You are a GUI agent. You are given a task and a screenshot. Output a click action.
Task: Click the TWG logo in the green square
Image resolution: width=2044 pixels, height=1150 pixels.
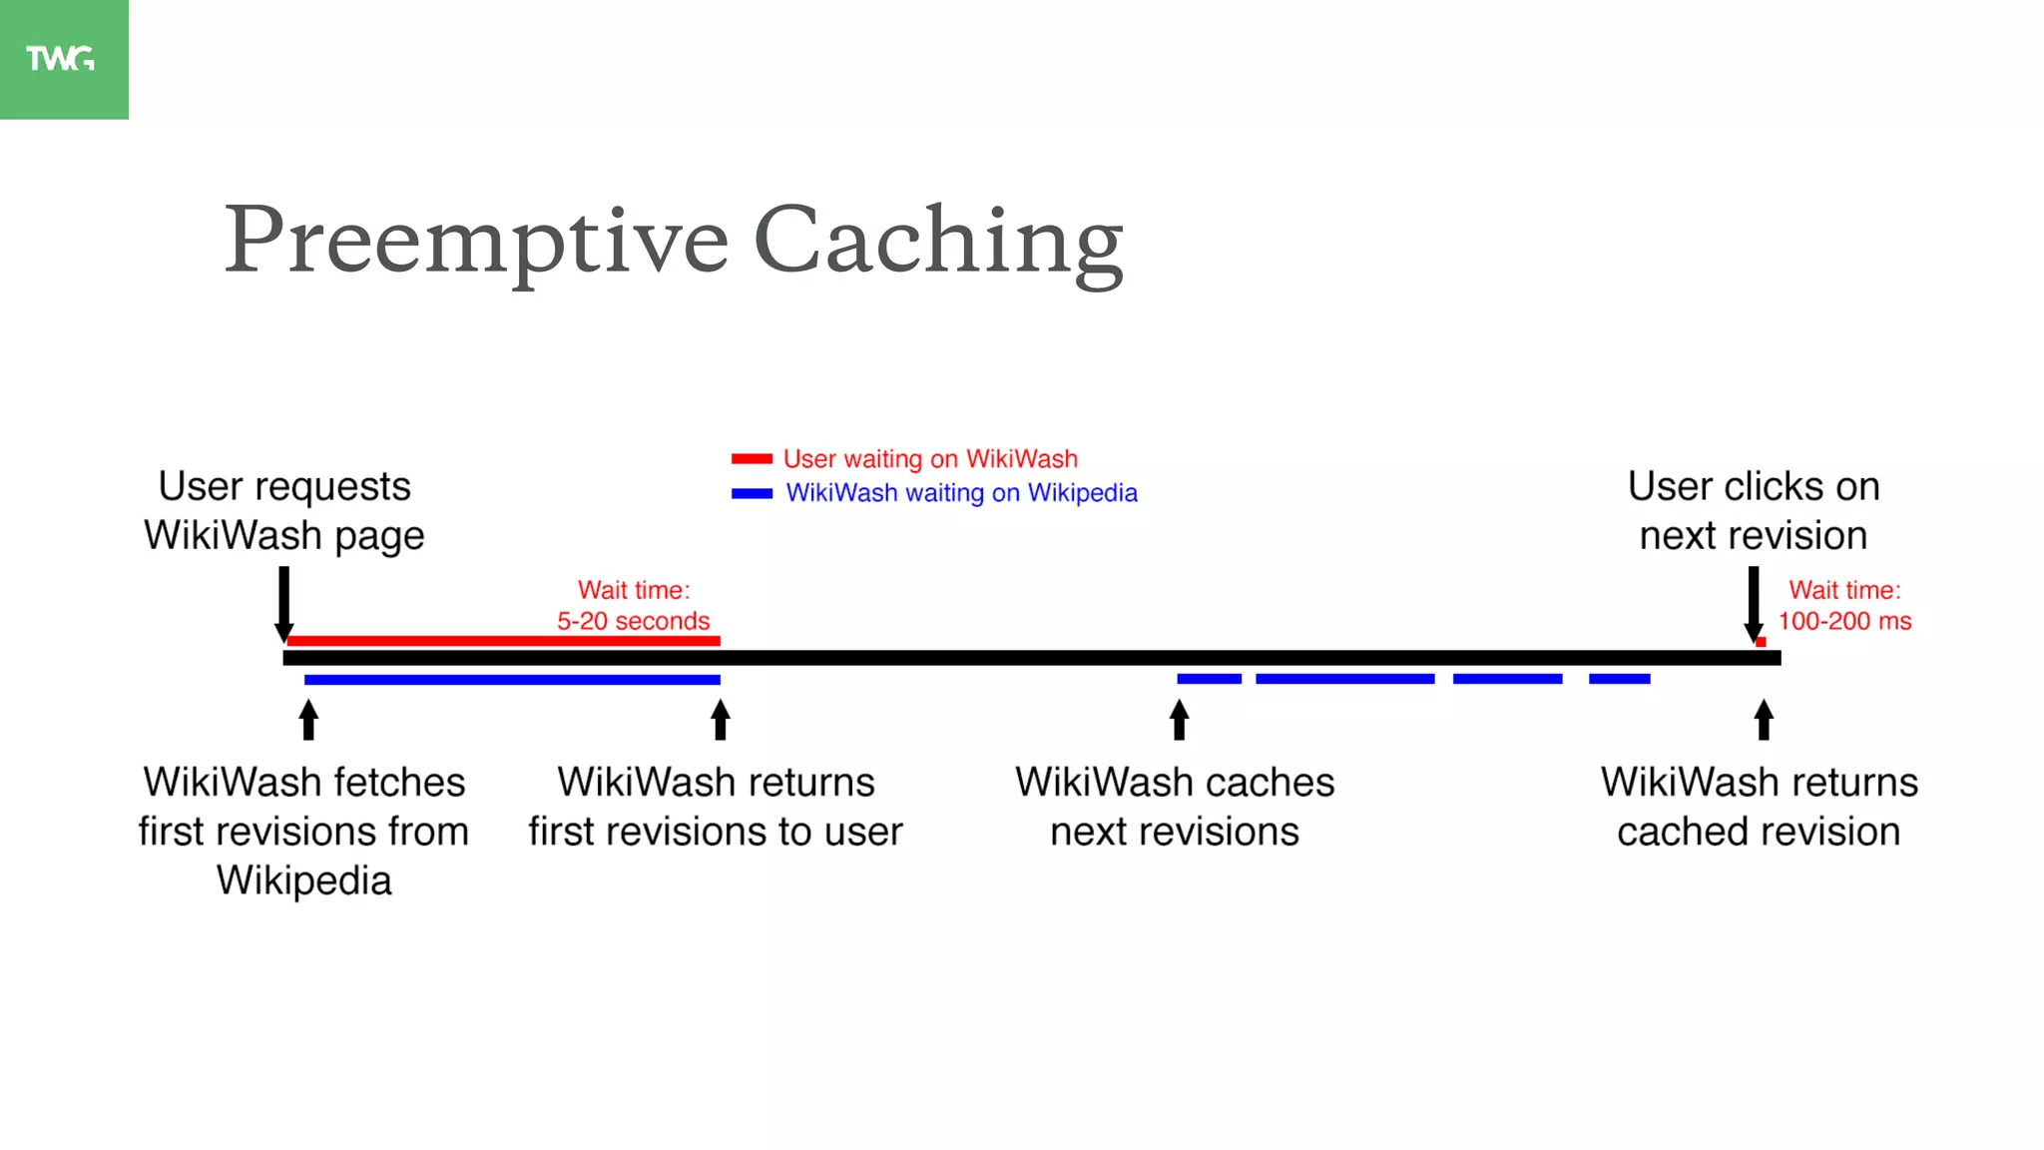(61, 59)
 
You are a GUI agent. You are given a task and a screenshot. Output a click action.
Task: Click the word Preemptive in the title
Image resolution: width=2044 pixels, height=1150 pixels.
(476, 242)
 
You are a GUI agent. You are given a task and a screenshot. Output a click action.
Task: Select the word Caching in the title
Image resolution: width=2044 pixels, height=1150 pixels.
(938, 242)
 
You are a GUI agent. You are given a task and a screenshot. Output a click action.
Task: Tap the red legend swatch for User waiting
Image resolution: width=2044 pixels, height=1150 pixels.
(752, 459)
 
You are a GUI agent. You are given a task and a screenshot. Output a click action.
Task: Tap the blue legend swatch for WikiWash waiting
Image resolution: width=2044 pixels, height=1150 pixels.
(752, 493)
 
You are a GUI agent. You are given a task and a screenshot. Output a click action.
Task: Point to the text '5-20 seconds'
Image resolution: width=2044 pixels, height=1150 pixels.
(633, 621)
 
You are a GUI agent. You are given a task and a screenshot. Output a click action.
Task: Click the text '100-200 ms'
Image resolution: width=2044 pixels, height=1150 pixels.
(1844, 621)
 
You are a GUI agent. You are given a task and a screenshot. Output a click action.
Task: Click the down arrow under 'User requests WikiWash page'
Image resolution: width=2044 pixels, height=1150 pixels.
(284, 605)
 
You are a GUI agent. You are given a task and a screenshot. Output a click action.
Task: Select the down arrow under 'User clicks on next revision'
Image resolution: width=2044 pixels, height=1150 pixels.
(1754, 605)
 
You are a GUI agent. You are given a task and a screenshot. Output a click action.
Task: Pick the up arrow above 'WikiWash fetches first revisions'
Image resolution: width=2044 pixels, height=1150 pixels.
(308, 720)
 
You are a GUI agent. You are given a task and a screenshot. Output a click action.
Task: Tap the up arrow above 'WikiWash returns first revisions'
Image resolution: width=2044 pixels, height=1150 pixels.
(721, 720)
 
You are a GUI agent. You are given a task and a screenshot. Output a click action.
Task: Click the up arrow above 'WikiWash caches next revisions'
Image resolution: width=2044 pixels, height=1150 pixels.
(1179, 720)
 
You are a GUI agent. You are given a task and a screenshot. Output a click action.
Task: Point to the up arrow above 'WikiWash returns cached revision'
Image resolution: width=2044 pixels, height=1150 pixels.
(1764, 720)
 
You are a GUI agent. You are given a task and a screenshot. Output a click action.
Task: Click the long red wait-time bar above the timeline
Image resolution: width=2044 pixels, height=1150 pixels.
(503, 641)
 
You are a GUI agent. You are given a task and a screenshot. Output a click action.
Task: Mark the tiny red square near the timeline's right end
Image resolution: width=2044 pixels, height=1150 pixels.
(1761, 642)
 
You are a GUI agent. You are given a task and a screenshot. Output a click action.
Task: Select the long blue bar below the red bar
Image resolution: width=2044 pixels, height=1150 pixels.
(512, 680)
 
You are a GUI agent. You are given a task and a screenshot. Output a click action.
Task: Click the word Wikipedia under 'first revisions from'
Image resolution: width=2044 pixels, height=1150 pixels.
(304, 880)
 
